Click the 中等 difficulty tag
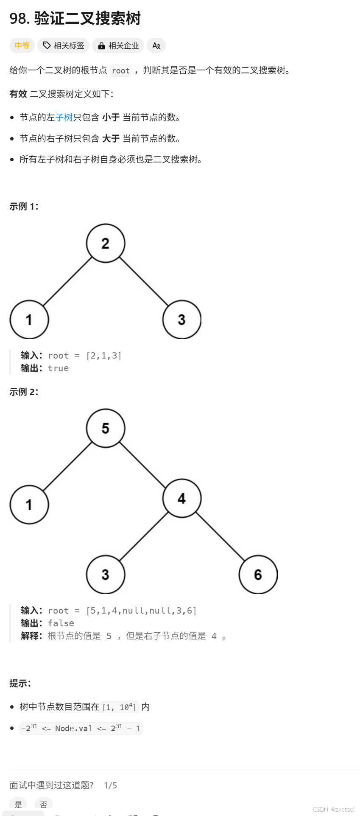click(22, 45)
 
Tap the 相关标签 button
click(64, 45)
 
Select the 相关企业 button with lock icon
click(118, 45)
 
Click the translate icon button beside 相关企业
click(156, 45)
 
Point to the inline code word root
click(120, 70)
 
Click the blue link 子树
click(64, 117)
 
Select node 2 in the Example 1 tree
click(106, 243)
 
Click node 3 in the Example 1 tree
click(181, 320)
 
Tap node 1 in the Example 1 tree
click(29, 320)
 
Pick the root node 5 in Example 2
click(106, 428)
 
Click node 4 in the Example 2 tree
click(181, 498)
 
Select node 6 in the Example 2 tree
click(258, 575)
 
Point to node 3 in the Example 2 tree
click(106, 575)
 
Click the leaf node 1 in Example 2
click(29, 505)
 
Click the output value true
click(58, 368)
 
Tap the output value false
click(61, 623)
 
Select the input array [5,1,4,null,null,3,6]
click(141, 611)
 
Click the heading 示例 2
click(24, 392)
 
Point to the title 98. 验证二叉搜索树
click(75, 18)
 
